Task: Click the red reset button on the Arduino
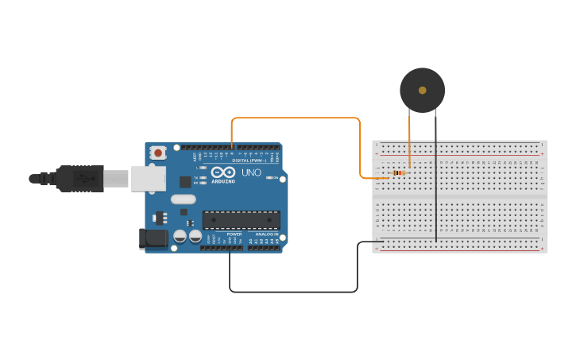(x=158, y=153)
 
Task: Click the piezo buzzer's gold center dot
(x=423, y=90)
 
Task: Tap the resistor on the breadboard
(x=399, y=172)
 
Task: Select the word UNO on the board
(x=251, y=172)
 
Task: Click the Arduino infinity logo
(x=223, y=172)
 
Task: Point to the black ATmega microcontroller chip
(x=241, y=220)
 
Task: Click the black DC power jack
(x=153, y=238)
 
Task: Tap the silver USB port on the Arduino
(x=149, y=179)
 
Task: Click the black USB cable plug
(x=79, y=179)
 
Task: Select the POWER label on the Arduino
(x=234, y=234)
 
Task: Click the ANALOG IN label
(x=266, y=234)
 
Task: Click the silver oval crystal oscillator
(x=183, y=200)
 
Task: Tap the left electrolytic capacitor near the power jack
(x=180, y=236)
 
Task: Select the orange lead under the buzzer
(x=409, y=139)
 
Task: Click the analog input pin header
(x=264, y=248)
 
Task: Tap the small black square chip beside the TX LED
(x=185, y=181)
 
